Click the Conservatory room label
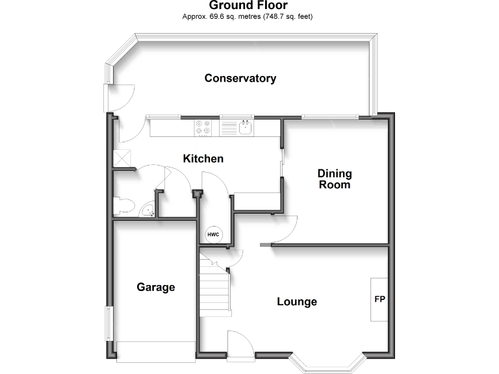tap(240, 79)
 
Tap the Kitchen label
tap(203, 158)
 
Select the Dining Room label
tap(335, 179)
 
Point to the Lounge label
tap(297, 301)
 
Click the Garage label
tap(156, 287)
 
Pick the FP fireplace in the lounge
tap(379, 299)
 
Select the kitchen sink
tap(246, 127)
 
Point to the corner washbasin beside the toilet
tap(148, 210)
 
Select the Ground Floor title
tap(248, 6)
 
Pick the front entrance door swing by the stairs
tap(238, 343)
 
